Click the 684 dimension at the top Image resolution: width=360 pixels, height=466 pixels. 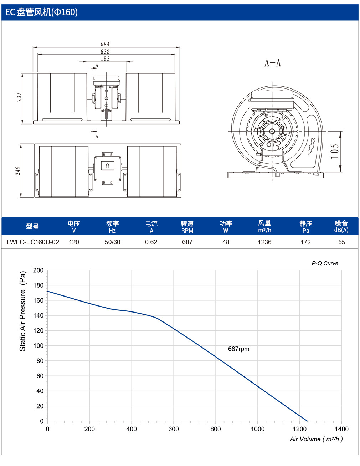pyautogui.click(x=105, y=44)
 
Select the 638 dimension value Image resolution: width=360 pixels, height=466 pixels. pyautogui.click(x=105, y=51)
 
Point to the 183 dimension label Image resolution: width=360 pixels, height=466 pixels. pyautogui.click(x=105, y=59)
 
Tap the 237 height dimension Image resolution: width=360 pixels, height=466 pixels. pyautogui.click(x=19, y=97)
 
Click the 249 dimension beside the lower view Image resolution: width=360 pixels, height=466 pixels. pyautogui.click(x=17, y=171)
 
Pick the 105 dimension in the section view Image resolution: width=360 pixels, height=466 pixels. pyautogui.click(x=334, y=151)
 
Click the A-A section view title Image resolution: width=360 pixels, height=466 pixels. pyautogui.click(x=272, y=63)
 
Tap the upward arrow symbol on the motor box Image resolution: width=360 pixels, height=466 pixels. pyautogui.click(x=108, y=166)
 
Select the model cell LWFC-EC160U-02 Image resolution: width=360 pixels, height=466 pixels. pyautogui.click(x=33, y=242)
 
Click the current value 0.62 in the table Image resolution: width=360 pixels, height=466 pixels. pyautogui.click(x=151, y=242)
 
